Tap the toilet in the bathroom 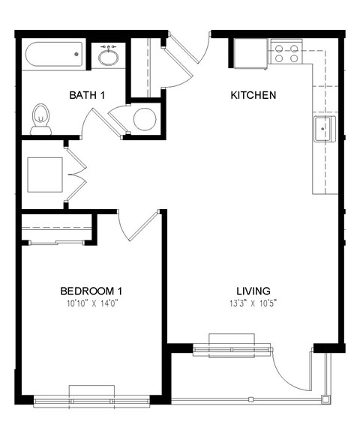click(41, 121)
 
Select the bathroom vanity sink click(109, 56)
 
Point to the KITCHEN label click(253, 95)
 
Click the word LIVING click(253, 291)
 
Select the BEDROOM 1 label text click(91, 291)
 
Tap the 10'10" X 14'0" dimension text click(91, 303)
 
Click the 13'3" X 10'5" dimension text click(253, 303)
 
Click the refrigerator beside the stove click(250, 52)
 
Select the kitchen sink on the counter click(323, 130)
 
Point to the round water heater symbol click(144, 119)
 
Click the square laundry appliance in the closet click(44, 175)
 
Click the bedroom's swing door click(139, 225)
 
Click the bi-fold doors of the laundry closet click(72, 175)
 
